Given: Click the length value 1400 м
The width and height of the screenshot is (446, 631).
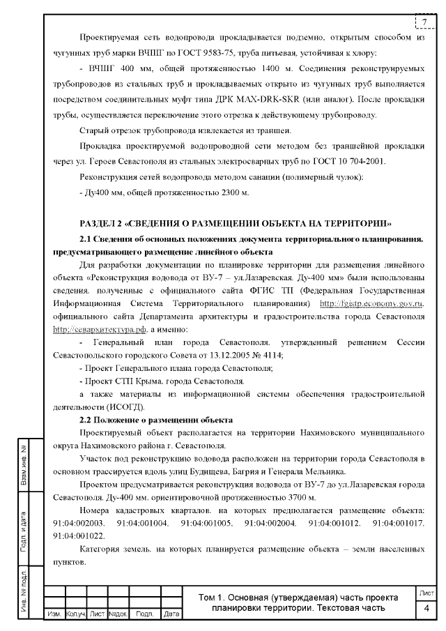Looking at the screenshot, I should pyautogui.click(x=220, y=70).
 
